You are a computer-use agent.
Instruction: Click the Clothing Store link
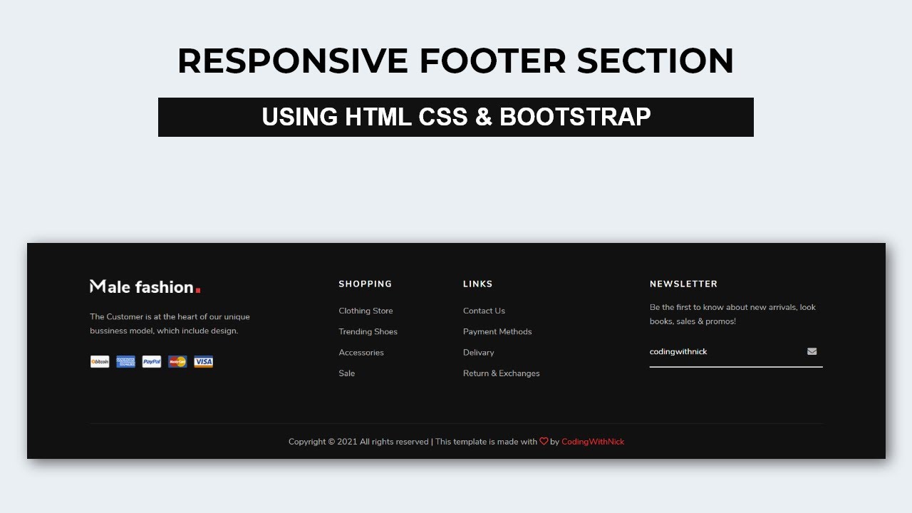(366, 311)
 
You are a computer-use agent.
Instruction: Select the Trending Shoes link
(368, 331)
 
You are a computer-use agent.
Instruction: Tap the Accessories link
(361, 353)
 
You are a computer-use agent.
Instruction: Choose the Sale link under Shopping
(346, 373)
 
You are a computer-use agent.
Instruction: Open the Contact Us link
(484, 311)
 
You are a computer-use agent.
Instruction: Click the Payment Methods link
(497, 331)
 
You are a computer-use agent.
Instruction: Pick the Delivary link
(478, 353)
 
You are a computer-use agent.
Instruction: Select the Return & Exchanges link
(501, 373)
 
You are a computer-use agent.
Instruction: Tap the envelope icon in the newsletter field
(812, 351)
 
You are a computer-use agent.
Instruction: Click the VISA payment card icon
(204, 362)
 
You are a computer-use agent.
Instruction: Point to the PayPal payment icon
(152, 362)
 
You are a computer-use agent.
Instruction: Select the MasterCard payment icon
(177, 362)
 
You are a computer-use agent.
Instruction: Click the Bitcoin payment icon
(100, 362)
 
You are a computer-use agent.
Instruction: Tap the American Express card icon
(125, 362)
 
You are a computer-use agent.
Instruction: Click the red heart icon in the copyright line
(544, 442)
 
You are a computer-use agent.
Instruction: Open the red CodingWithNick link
(593, 442)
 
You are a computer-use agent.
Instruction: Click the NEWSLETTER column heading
(683, 284)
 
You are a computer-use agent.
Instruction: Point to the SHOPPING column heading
(365, 284)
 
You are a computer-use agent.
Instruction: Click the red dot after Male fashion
(198, 290)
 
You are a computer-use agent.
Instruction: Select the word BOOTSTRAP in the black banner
(575, 117)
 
